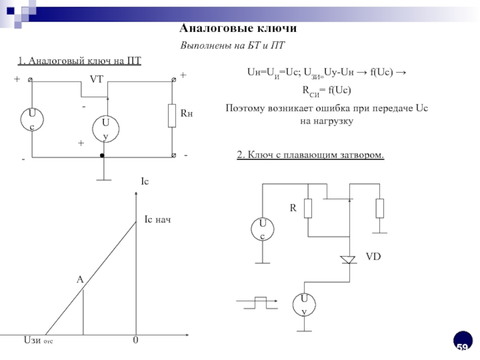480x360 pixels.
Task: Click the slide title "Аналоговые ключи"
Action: coord(238,29)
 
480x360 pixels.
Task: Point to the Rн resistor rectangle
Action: coord(173,113)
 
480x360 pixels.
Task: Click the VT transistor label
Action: coord(97,79)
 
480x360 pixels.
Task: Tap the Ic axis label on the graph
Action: coord(144,181)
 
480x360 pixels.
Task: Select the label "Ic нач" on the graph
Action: coord(158,220)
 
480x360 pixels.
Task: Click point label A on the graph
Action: coord(79,280)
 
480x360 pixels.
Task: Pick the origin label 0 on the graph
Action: coord(136,341)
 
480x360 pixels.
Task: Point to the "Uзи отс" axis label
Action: coord(37,341)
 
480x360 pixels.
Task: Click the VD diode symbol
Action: coord(349,259)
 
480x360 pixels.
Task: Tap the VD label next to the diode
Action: coord(374,256)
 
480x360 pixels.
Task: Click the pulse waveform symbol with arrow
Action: coord(259,302)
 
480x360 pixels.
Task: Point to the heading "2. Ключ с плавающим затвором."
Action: coord(310,155)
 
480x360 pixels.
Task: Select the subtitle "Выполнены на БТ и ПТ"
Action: coord(233,46)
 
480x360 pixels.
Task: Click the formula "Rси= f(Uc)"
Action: coord(325,91)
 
